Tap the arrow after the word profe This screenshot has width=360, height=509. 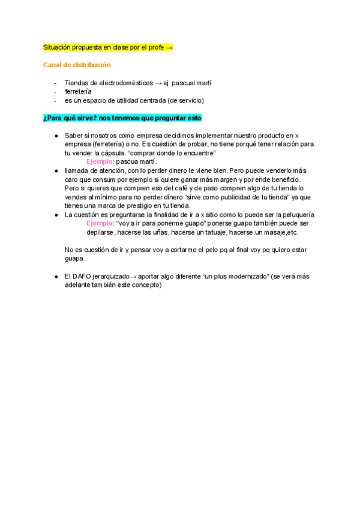point(169,47)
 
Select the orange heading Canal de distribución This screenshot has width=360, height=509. point(77,65)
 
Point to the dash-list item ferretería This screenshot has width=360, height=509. point(78,91)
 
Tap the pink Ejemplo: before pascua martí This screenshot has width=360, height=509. point(100,162)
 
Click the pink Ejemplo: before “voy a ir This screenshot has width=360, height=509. point(100,223)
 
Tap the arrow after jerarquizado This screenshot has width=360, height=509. point(133,276)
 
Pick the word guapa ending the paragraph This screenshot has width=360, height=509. point(74,259)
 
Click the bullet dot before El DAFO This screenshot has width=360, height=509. point(56,276)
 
